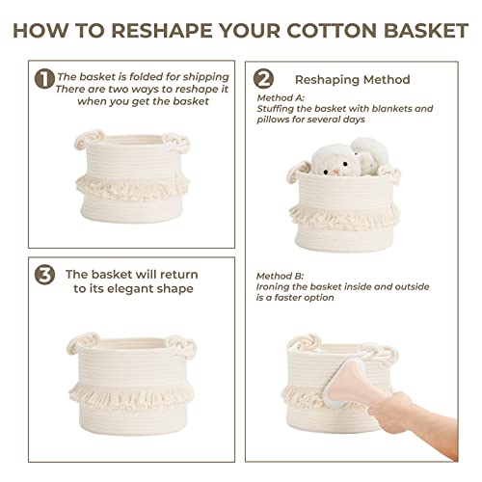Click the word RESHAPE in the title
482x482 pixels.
162,31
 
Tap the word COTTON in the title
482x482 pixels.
332,31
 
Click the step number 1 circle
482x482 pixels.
44,79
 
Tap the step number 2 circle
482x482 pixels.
263,79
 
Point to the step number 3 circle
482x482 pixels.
44,275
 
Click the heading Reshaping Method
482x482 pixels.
353,80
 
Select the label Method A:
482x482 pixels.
281,97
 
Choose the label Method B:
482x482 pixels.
280,276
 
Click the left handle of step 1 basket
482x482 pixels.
88,138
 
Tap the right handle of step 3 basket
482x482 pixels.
181,346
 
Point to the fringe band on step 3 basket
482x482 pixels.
131,396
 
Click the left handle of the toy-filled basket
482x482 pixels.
298,172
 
